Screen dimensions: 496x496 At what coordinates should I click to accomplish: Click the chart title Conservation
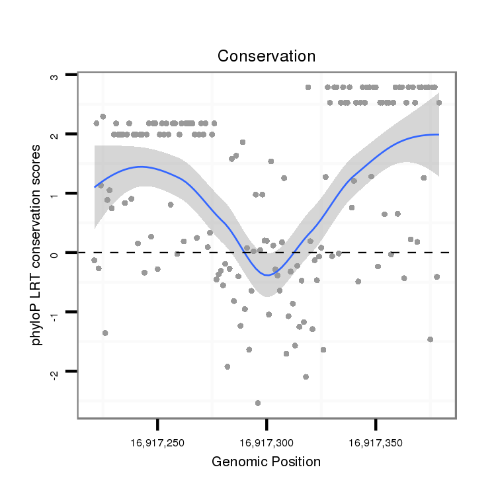coord(267,56)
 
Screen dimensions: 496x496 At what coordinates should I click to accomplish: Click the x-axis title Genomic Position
coord(266,462)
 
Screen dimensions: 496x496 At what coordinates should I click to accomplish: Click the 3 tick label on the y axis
coord(54,76)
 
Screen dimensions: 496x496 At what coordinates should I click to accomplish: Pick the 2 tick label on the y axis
coord(54,135)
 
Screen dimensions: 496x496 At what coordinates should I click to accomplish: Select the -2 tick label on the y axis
coord(54,372)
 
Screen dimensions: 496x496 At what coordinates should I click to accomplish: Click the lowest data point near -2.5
coord(258,403)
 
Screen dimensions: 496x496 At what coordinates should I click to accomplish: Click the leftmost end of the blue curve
coord(95,186)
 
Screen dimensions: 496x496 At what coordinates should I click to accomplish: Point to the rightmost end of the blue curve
coord(438,134)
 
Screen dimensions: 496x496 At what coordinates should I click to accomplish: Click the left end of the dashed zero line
coord(80,253)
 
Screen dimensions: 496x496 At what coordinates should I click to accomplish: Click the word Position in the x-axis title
coord(294,462)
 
